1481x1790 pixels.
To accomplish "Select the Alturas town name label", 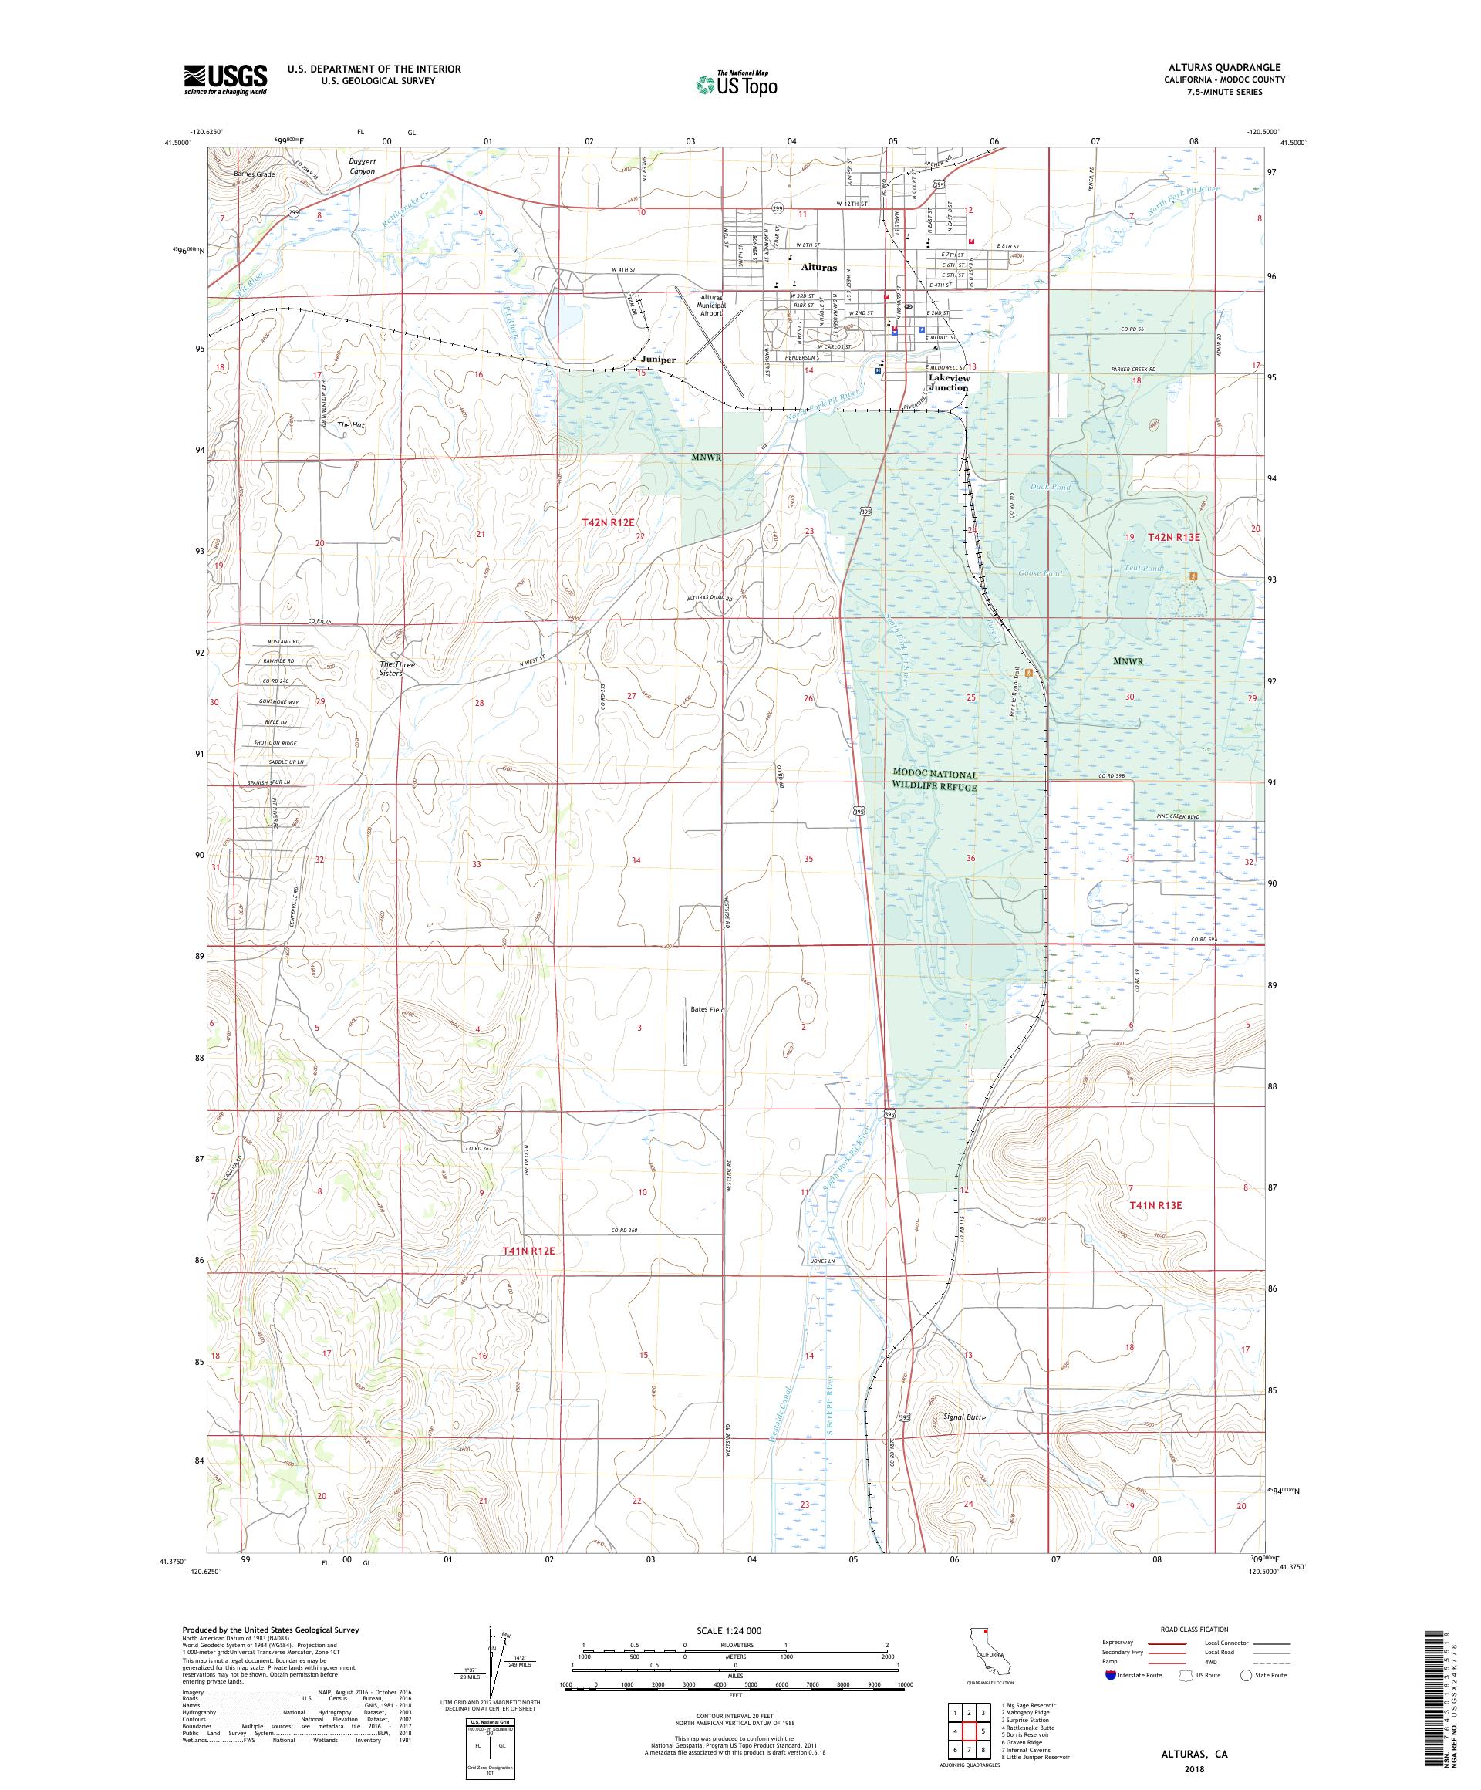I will (818, 267).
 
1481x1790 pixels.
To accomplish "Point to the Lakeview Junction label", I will (949, 383).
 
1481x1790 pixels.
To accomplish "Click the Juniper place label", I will (658, 360).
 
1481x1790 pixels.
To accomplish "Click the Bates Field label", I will (707, 1010).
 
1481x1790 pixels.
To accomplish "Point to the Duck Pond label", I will (1050, 487).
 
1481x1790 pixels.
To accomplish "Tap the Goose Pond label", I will (1041, 574).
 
